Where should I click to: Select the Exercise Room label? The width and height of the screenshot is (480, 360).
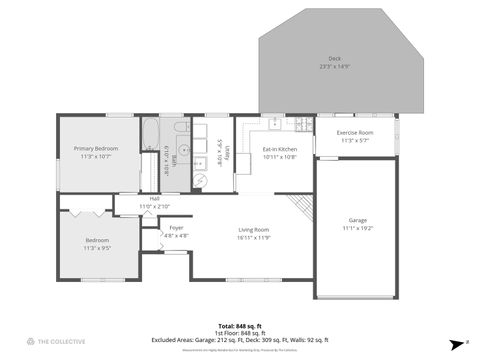pos(355,133)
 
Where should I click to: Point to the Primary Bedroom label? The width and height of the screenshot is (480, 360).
pos(96,149)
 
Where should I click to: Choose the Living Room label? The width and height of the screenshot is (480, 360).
pos(254,229)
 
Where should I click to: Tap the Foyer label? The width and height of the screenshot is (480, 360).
pos(176,228)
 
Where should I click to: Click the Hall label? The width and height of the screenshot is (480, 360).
pos(155,198)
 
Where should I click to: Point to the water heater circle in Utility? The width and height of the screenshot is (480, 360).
pos(199,180)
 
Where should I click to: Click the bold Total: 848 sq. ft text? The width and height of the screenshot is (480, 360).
pos(240,326)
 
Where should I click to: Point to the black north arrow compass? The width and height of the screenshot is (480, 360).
pos(453,341)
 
